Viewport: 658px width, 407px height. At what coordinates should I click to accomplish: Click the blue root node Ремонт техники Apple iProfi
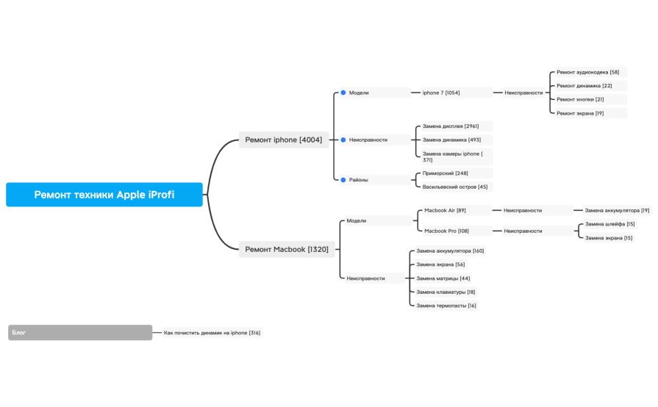[104, 195]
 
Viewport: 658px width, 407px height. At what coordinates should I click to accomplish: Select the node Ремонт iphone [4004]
[284, 140]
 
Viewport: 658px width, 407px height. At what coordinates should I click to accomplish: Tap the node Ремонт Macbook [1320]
[287, 249]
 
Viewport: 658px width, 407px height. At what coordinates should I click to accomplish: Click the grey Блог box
[80, 332]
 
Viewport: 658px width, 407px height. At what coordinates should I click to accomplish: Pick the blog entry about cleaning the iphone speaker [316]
[212, 333]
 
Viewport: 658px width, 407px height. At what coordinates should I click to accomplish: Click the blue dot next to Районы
[343, 180]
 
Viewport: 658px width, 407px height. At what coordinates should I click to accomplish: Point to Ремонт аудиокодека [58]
[590, 72]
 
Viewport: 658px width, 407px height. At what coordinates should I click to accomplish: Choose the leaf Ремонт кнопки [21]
[590, 99]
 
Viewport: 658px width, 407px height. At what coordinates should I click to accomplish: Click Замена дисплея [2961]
[457, 126]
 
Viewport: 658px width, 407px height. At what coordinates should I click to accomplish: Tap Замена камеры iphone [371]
[457, 156]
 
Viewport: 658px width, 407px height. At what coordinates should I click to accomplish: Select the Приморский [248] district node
[457, 173]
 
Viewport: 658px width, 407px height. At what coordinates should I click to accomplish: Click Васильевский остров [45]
[457, 187]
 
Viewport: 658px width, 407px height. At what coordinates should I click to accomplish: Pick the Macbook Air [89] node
[457, 210]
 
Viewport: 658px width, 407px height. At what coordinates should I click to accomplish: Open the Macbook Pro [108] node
[457, 231]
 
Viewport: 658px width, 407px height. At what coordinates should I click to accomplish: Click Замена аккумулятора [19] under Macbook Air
[617, 210]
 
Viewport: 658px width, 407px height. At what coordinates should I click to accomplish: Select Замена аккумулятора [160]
[450, 251]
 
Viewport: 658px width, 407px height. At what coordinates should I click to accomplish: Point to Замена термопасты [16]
[446, 306]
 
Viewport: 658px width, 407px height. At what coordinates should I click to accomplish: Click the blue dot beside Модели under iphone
[343, 93]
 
